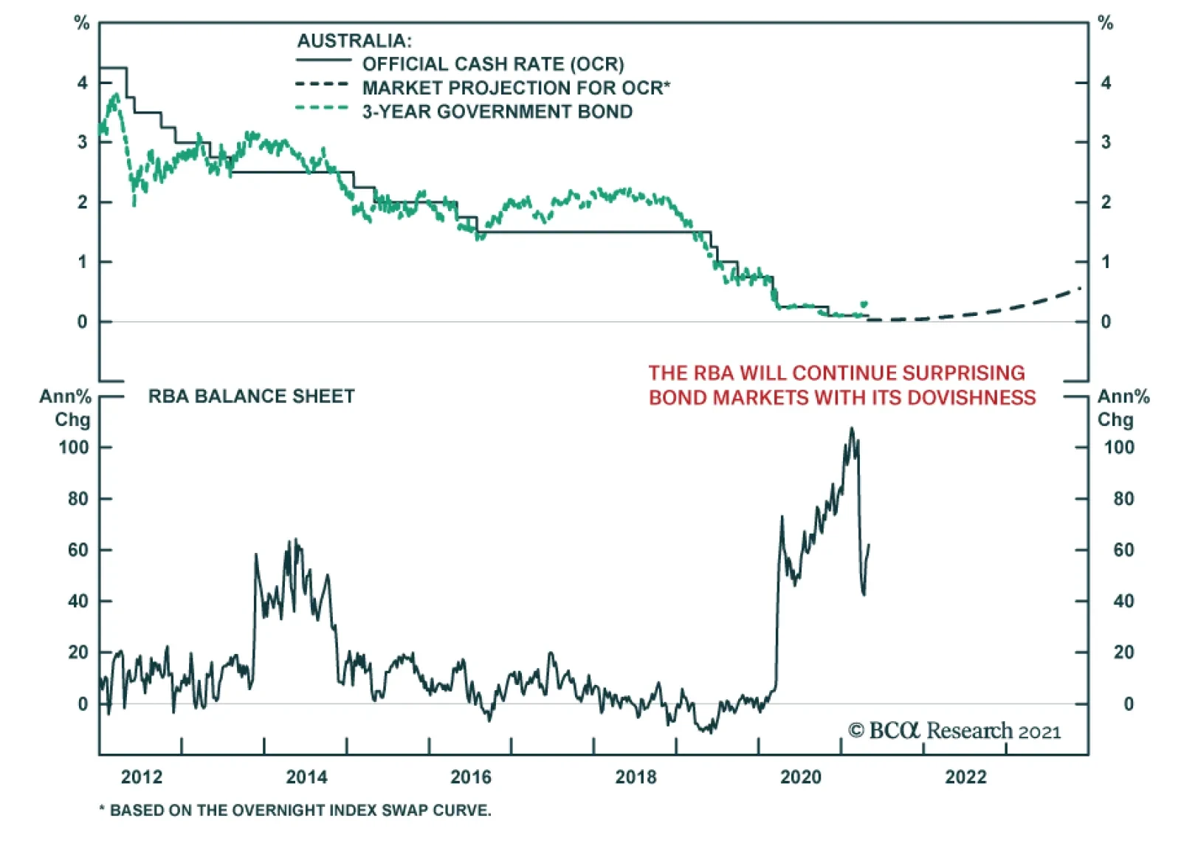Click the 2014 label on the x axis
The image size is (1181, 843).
306,777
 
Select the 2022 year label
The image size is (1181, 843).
965,777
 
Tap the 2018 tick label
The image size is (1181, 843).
636,777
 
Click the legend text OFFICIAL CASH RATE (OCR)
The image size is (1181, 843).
492,64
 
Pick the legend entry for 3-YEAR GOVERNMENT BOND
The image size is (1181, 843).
497,111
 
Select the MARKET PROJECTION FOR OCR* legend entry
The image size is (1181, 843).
516,88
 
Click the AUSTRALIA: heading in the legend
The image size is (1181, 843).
354,41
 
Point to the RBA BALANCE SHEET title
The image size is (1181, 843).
251,396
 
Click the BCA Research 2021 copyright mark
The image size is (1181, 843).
954,731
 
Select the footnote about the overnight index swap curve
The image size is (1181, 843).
295,811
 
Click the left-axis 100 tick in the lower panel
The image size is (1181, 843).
74,447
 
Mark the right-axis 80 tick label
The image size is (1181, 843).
1123,499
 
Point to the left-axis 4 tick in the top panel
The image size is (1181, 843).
82,83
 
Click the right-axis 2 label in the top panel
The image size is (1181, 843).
1105,202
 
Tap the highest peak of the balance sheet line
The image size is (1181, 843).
852,428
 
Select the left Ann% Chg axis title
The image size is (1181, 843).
66,407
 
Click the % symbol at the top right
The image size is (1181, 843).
1105,24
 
